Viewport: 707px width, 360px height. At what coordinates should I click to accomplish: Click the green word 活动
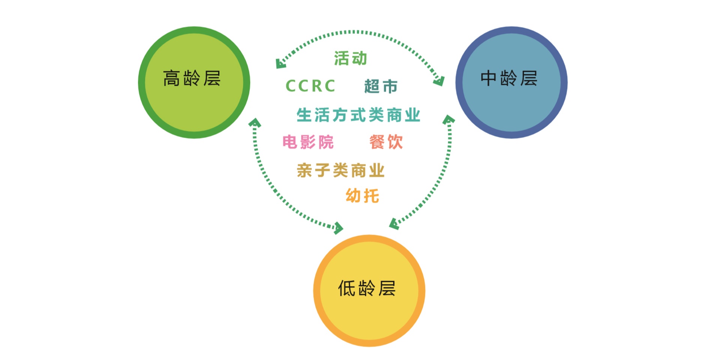coord(350,58)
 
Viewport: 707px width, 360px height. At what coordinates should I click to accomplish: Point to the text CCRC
coord(310,86)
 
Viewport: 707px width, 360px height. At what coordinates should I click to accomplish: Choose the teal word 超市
coord(381,87)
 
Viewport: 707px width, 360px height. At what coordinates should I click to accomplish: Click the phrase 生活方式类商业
coord(358,115)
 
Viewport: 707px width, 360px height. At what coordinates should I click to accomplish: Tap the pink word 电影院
coord(308,142)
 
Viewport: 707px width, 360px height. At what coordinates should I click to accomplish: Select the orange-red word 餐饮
coord(386,142)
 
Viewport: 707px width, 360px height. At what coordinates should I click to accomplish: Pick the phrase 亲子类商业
coord(341,171)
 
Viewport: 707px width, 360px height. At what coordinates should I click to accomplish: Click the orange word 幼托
coord(362,196)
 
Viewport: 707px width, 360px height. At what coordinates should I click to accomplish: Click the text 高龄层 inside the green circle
coord(192,79)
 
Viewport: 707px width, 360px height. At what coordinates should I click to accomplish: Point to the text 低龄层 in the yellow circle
coord(367,288)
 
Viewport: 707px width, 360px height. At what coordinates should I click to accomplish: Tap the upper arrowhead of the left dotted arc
coord(255,123)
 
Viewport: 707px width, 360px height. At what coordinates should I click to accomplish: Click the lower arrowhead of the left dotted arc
coord(338,228)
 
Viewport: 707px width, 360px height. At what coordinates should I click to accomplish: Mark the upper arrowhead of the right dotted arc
coord(449,120)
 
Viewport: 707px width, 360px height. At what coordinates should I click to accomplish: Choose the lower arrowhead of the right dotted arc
coord(394,224)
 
